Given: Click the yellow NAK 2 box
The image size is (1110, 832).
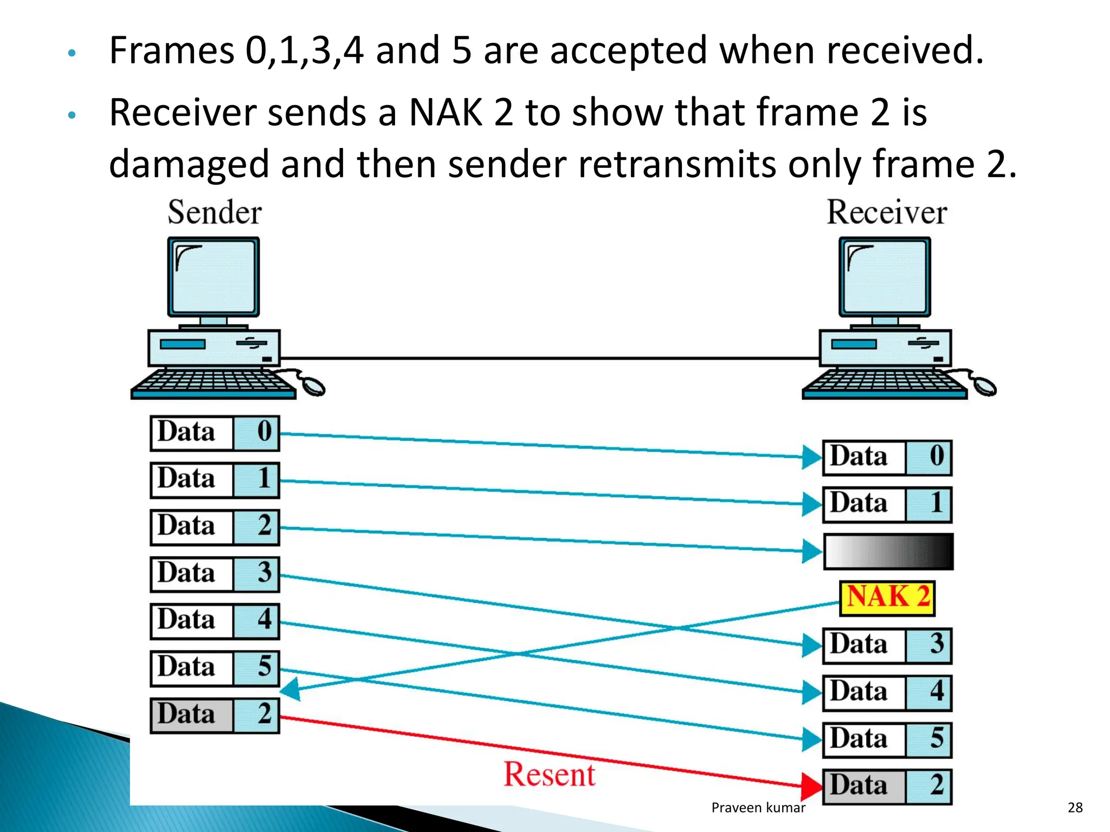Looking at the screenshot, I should pyautogui.click(x=887, y=598).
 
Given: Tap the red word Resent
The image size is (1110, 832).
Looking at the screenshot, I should pyautogui.click(x=549, y=774).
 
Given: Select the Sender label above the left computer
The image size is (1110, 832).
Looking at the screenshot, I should pyautogui.click(x=215, y=212).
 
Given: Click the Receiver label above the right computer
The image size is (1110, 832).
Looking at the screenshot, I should pyautogui.click(x=887, y=212).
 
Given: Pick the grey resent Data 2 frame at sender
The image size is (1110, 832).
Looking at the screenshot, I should pyautogui.click(x=215, y=715).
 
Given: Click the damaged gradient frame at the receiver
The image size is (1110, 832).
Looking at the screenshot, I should pyautogui.click(x=888, y=551).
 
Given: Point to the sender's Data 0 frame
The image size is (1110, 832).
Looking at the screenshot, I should pyautogui.click(x=215, y=433).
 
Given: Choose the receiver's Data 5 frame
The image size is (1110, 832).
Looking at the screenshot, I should pyautogui.click(x=887, y=739).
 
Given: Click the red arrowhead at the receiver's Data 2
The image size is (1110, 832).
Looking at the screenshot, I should pyautogui.click(x=812, y=786).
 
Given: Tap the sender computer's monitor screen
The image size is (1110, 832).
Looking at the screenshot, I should pyautogui.click(x=214, y=276).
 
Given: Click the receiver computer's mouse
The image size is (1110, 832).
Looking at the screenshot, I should pyautogui.click(x=984, y=386).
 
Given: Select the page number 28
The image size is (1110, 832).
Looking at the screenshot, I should pyautogui.click(x=1075, y=808).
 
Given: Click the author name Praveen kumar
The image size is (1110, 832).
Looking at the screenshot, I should pyautogui.click(x=758, y=808).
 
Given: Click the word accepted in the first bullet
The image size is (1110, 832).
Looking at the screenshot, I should pyautogui.click(x=628, y=50).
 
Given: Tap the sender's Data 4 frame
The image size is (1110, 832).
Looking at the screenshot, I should pyautogui.click(x=215, y=621).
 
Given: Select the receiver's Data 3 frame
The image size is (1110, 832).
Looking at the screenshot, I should pyautogui.click(x=887, y=646).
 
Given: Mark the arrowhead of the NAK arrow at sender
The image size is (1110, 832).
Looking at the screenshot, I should pyautogui.click(x=289, y=690).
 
